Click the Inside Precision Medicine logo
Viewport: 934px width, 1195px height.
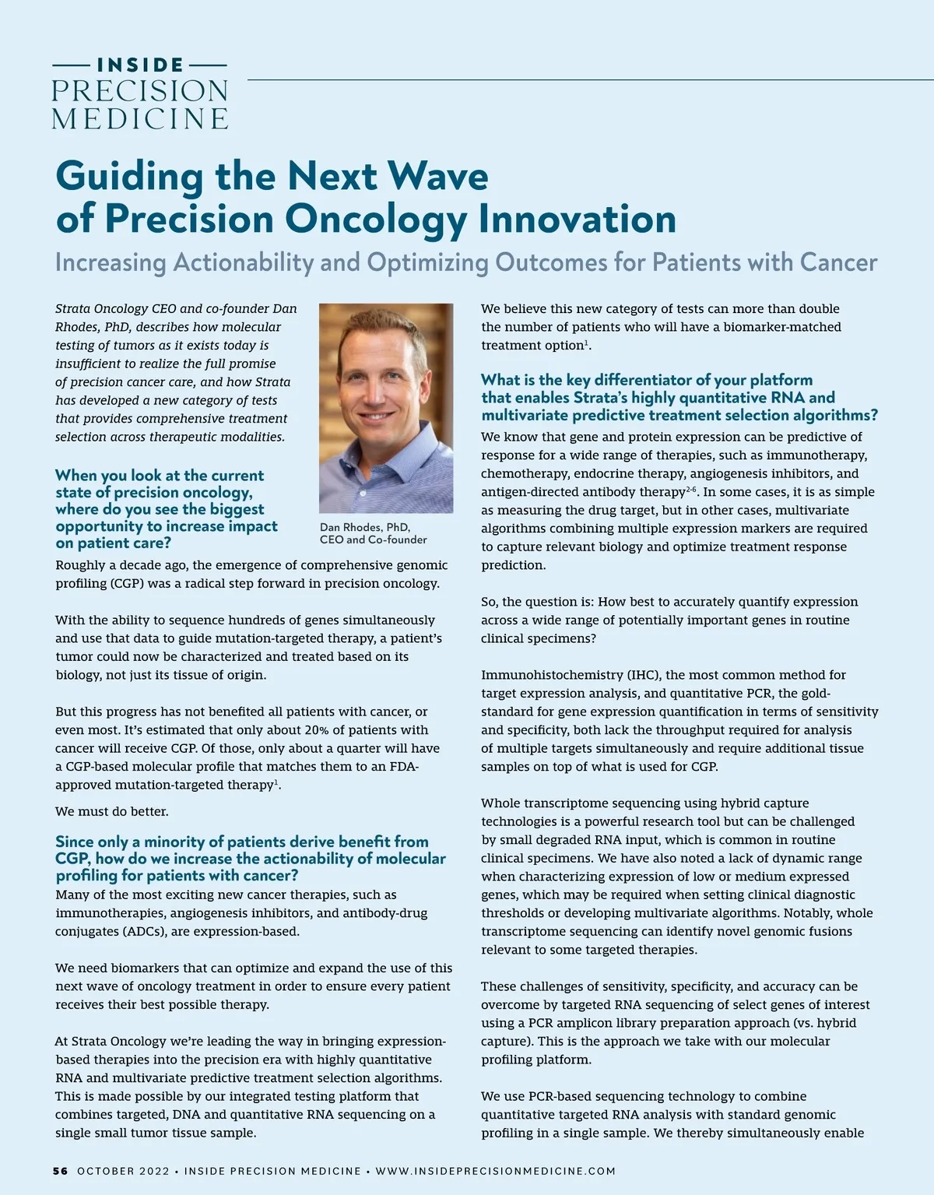point(140,93)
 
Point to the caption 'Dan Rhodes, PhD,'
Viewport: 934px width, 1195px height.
point(365,527)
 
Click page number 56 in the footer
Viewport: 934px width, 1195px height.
point(60,1171)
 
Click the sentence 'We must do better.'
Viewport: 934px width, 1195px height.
point(112,811)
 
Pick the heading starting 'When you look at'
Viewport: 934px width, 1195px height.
point(160,509)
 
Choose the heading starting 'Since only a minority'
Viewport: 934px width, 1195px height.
point(250,858)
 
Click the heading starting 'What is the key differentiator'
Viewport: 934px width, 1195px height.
point(679,397)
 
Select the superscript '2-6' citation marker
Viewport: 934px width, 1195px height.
point(690,490)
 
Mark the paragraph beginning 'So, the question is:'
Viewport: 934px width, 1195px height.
point(669,620)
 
